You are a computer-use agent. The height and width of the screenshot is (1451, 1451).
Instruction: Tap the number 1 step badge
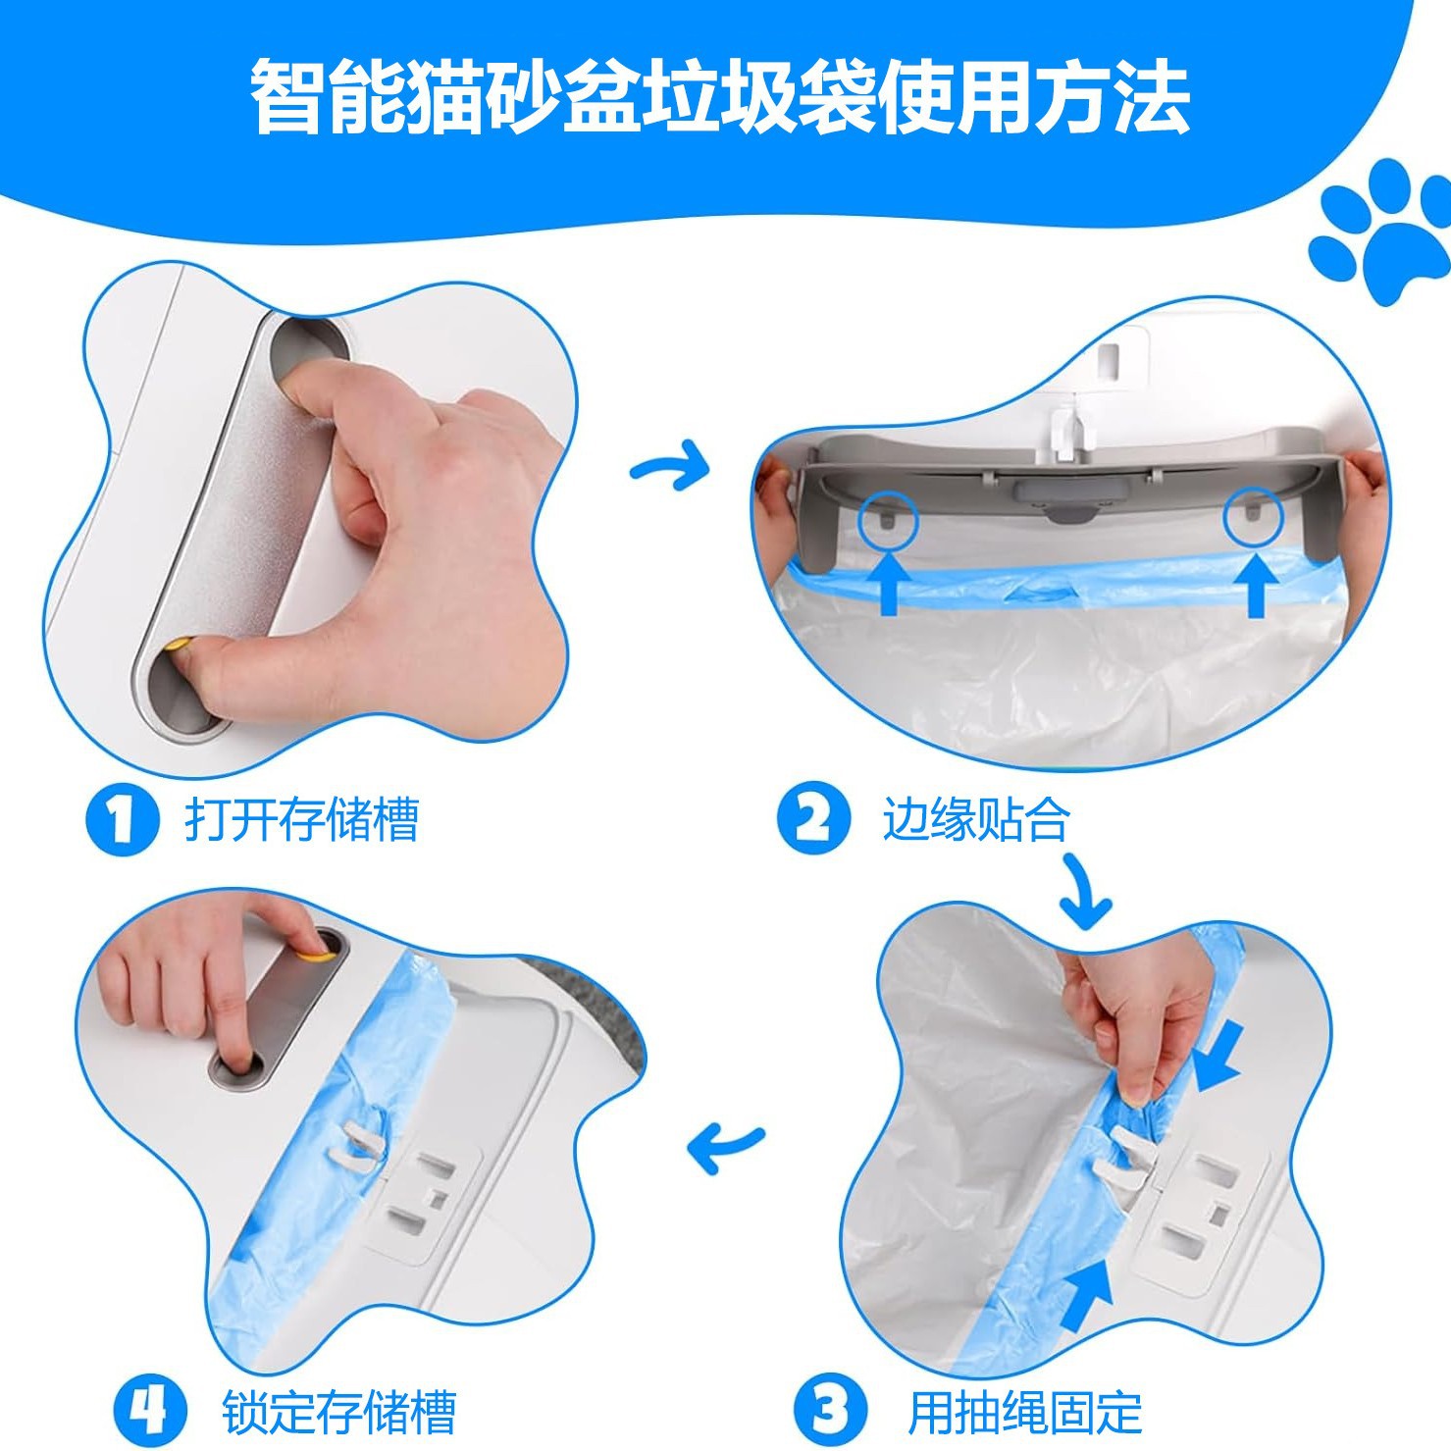[x=122, y=819]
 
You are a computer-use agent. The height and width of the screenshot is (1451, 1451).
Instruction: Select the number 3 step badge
[x=831, y=1410]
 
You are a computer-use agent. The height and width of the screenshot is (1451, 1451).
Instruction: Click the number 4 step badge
[x=150, y=1410]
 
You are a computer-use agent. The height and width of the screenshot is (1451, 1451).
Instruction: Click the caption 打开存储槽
[x=301, y=819]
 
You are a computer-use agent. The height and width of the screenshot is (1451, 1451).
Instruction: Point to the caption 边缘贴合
[x=975, y=819]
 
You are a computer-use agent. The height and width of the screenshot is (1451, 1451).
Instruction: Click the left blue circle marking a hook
[x=887, y=518]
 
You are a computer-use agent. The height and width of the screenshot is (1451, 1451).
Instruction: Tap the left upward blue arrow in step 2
[x=888, y=584]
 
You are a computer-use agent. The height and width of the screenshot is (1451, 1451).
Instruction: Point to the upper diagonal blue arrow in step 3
[x=1219, y=1058]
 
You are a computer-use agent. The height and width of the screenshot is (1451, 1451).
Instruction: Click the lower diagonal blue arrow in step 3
[x=1087, y=1295]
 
